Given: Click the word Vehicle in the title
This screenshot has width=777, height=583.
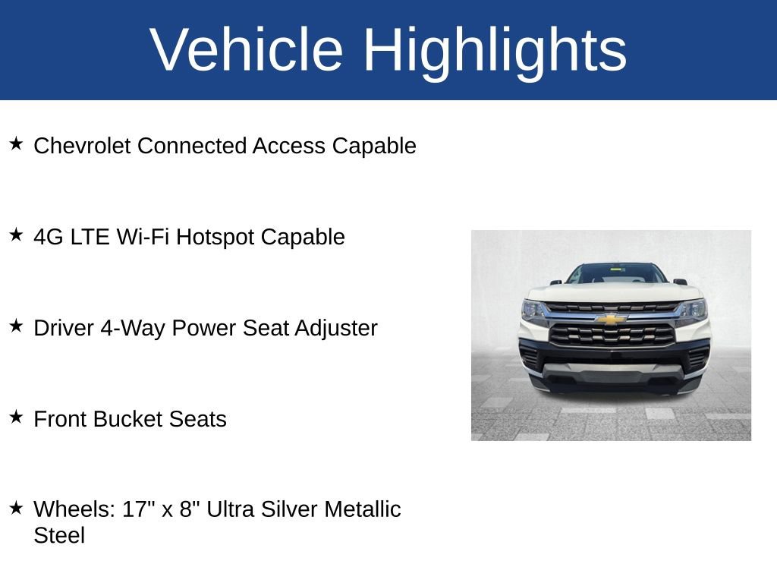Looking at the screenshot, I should coord(247,50).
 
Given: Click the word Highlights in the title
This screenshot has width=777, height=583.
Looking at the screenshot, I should coord(495,50).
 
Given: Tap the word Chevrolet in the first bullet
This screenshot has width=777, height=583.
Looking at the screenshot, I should coord(83,146).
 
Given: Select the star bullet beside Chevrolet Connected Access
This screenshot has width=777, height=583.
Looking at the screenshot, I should coord(16,143).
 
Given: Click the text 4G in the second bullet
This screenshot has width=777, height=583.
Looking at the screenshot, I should coord(49,237).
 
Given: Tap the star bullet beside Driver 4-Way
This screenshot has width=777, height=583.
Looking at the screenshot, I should coord(16,326).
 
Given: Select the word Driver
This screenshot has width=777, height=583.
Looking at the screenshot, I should coord(64,328).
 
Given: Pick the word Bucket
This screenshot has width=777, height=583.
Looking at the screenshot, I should coord(128,419).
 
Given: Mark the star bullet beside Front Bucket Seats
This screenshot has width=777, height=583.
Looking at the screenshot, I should coord(16,417).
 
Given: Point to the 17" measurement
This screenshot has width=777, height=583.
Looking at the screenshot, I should coord(139,509).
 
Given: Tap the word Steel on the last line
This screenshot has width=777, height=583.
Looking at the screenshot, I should coord(59,535).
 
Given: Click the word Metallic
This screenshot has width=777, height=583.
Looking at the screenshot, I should coord(362,509).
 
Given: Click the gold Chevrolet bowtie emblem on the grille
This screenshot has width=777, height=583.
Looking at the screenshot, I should coord(611,319).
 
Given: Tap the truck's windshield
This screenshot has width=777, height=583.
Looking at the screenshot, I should coord(615,274).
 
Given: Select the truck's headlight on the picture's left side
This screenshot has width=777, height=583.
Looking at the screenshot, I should coord(533,310).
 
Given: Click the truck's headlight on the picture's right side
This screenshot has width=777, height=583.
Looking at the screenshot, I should coord(694,309).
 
